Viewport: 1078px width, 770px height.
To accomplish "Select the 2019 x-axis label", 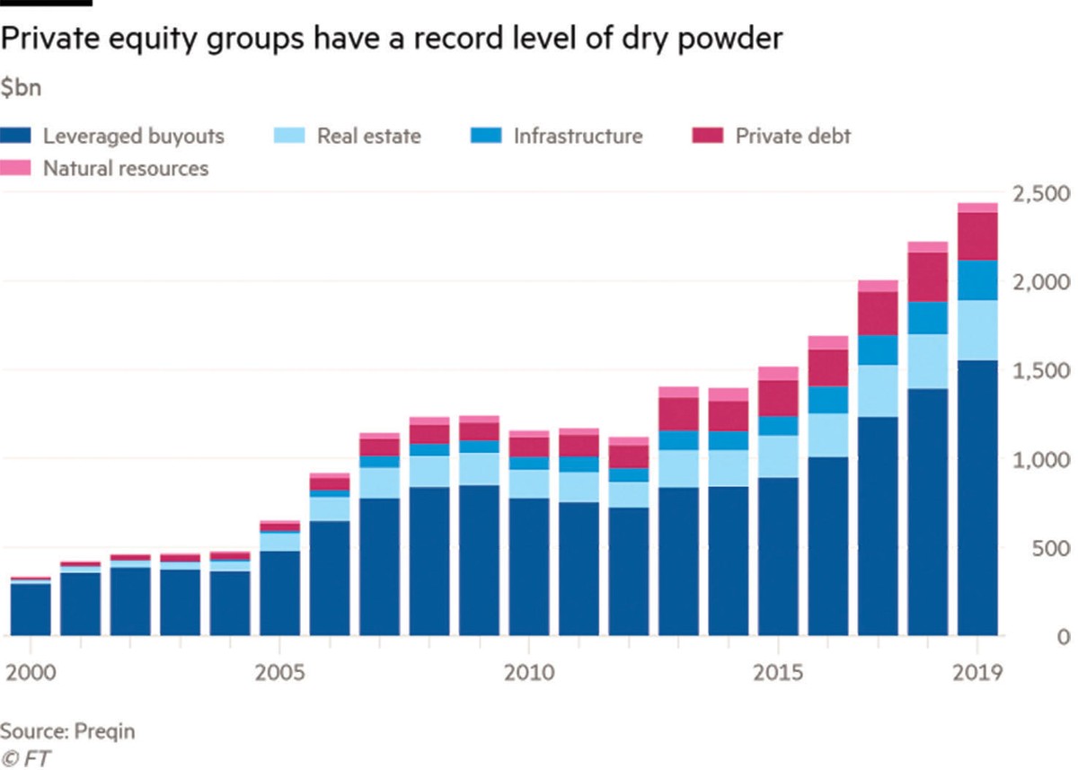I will pyautogui.click(x=977, y=672).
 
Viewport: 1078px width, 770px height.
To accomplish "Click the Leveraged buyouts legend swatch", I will pyautogui.click(x=21, y=137).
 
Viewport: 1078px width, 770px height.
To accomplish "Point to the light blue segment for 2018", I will pyautogui.click(x=928, y=361).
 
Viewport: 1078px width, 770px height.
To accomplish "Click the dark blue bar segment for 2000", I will pyautogui.click(x=31, y=610).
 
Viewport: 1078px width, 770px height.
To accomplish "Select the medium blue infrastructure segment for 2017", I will pyautogui.click(x=878, y=350).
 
